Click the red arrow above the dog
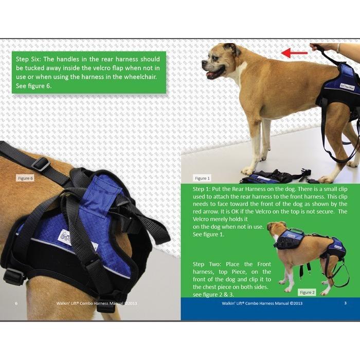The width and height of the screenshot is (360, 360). tap(294, 53)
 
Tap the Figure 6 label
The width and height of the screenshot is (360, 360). tap(25, 178)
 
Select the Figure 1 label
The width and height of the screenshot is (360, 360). tap(202, 178)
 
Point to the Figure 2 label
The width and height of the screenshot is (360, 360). tap(307, 292)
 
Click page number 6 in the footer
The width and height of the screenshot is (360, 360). tap(16, 303)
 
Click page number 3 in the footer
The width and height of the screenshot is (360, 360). tap(345, 303)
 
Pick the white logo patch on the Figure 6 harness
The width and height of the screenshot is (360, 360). tap(66, 236)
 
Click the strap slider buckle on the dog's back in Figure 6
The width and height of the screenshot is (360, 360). tap(41, 164)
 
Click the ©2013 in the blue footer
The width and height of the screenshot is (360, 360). tap(296, 303)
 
